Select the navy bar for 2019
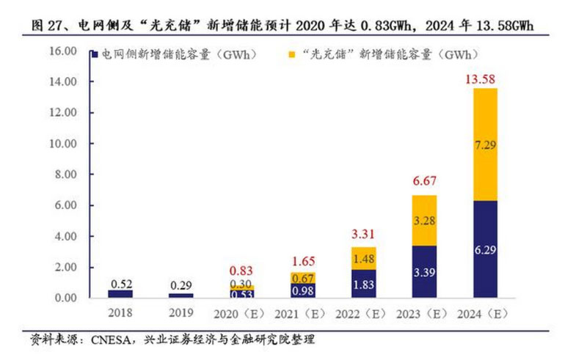point(181,295)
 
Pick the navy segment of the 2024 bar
point(484,249)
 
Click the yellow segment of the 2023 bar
point(423,221)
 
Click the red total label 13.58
point(484,79)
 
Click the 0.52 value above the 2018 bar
point(120,283)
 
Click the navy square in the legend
point(95,54)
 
